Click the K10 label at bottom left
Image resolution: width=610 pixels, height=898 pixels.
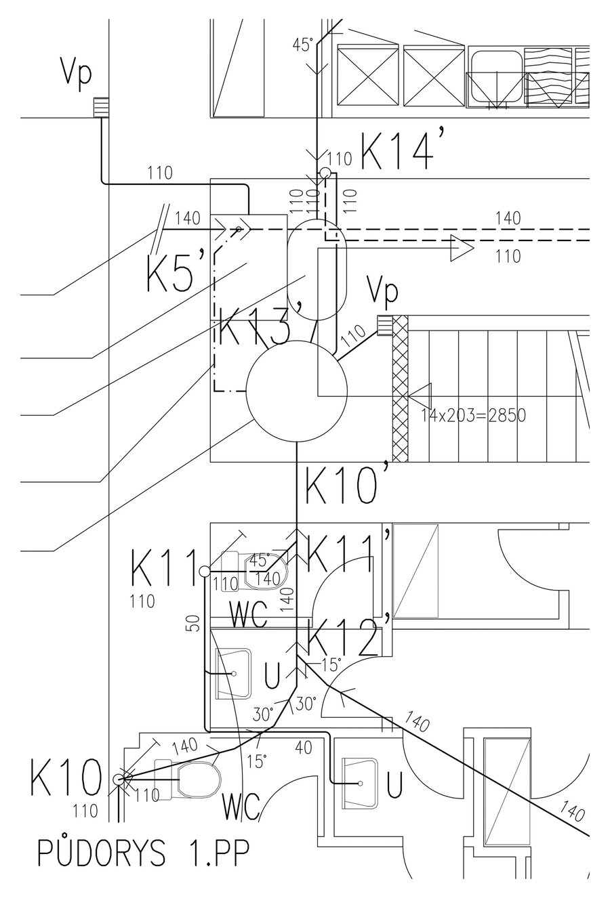65,778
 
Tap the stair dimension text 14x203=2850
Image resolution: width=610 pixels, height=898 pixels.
473,415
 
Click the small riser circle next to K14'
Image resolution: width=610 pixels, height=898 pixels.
324,156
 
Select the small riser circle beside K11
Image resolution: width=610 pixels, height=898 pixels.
204,572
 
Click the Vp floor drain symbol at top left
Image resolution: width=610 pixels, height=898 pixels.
101,107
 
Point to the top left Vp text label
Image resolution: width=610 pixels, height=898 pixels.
76,74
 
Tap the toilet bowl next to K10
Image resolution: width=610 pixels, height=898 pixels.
199,780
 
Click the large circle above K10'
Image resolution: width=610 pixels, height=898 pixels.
297,391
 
